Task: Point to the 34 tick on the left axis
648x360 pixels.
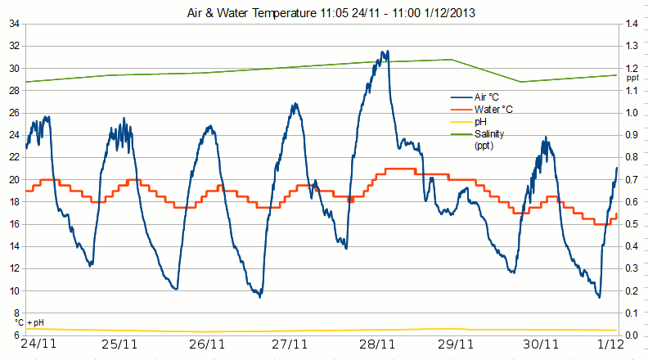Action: tap(15, 24)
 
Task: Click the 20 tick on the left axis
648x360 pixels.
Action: tap(15, 179)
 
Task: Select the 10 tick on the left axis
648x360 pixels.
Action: tap(15, 290)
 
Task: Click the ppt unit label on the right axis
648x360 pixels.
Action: tap(632, 78)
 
